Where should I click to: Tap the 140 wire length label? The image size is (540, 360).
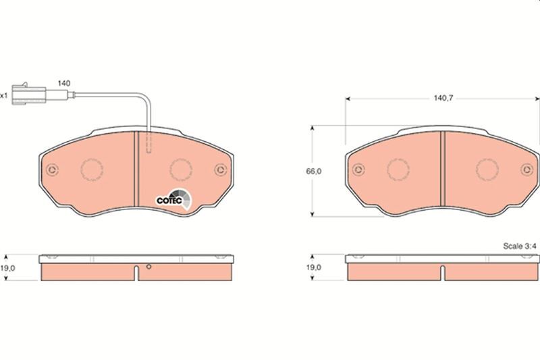coord(64,83)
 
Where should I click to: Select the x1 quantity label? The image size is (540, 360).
coord(4,95)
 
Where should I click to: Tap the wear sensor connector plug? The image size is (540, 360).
coord(30,94)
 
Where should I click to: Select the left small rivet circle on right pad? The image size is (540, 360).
coord(358,169)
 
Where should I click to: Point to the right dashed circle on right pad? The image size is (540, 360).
coord(485,169)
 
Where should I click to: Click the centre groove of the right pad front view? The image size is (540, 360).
coord(442,169)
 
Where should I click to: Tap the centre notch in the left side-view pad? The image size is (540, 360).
coord(136,272)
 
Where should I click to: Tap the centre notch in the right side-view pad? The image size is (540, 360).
coord(442,272)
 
